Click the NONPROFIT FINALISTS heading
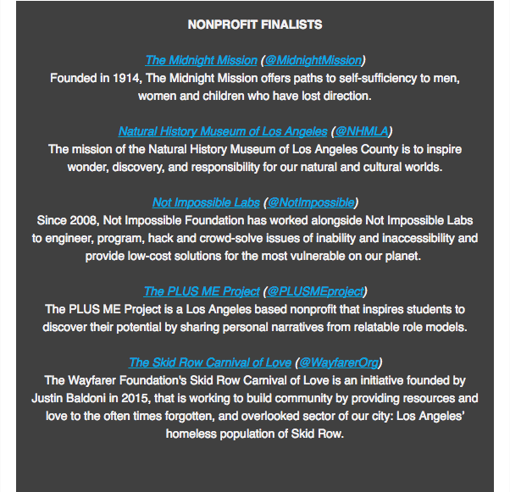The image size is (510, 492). coord(255,25)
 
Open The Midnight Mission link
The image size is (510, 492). coord(201,60)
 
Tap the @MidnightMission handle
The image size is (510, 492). coord(313,60)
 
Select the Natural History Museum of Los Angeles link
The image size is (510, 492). coord(222,131)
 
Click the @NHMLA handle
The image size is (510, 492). coord(363,131)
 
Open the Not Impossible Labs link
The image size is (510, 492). coord(207,202)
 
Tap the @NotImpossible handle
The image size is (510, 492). coord(311,202)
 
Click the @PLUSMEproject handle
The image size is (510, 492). coord(316,291)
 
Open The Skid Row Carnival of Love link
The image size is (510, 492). coord(210,362)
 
